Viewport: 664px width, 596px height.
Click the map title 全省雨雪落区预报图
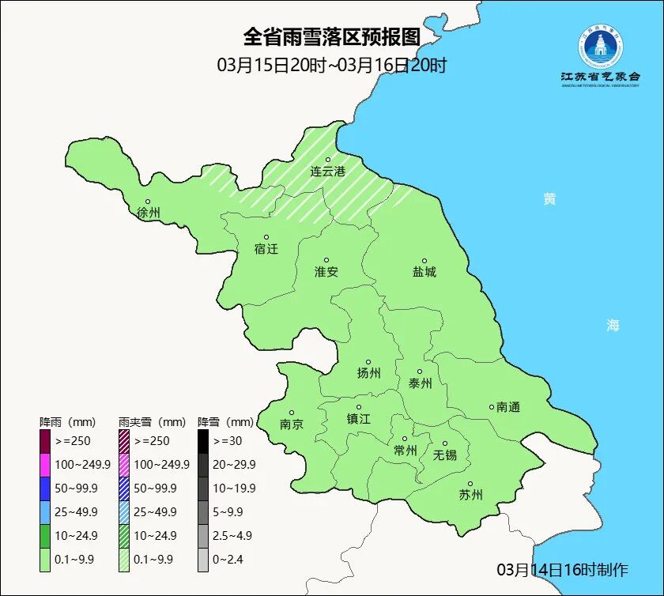pos(331,37)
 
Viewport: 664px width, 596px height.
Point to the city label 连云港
pos(327,171)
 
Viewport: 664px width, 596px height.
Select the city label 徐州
pos(148,213)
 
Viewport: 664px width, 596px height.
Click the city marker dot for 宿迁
pos(266,237)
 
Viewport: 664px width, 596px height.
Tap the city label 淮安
pos(326,271)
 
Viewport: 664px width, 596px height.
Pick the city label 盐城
pos(424,272)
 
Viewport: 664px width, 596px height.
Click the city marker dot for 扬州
pos(368,362)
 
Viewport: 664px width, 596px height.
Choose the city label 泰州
pos(420,383)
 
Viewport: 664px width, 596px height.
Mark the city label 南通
pos(508,407)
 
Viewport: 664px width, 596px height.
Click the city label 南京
pos(292,424)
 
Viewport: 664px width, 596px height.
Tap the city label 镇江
pos(358,419)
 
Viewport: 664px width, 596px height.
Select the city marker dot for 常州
pos(405,439)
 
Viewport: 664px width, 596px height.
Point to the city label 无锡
pos(445,455)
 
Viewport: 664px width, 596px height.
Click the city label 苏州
pos(470,496)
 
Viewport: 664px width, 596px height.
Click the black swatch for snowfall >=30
pos(203,439)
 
